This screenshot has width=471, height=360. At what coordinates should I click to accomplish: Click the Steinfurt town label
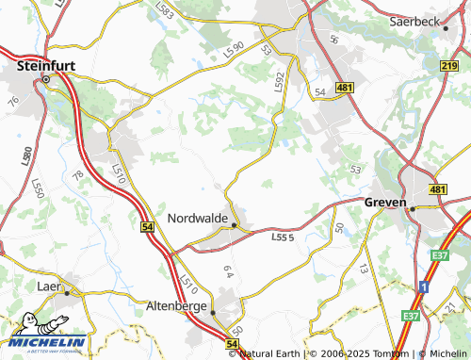click(46, 67)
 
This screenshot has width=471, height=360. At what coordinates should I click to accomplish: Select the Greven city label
click(384, 202)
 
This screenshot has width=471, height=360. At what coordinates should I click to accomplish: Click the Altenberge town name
click(176, 306)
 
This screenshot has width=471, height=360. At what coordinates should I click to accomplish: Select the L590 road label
click(234, 46)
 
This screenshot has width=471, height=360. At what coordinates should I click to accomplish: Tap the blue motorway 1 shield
click(424, 285)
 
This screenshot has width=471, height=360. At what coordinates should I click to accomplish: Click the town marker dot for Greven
click(412, 208)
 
